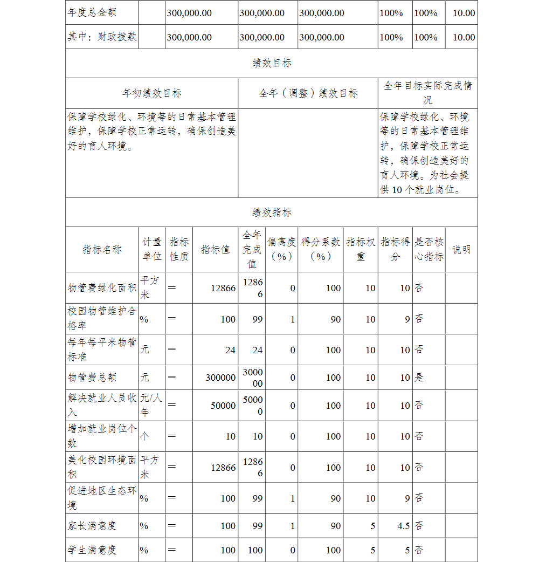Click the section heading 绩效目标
[x=272, y=63]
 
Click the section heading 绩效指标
[x=272, y=212]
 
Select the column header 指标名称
[x=102, y=249]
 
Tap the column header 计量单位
[x=152, y=249]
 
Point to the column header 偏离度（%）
[x=281, y=249]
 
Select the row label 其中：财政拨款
[x=102, y=37]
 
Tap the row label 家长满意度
[x=92, y=525]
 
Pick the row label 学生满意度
[x=92, y=550]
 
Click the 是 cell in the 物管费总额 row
[x=419, y=378]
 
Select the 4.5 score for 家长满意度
[x=403, y=526]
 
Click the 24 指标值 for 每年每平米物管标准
[x=230, y=350]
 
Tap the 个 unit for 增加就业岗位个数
[x=144, y=436]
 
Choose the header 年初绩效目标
[x=151, y=93]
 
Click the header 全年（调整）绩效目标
[x=308, y=93]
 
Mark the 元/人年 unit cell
[x=151, y=405]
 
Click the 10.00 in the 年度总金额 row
[x=464, y=13]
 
